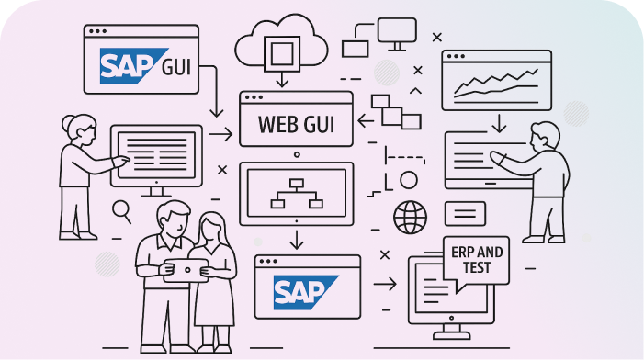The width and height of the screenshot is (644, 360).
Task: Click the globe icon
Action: tap(411, 218)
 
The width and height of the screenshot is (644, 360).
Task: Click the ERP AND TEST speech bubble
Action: tap(477, 258)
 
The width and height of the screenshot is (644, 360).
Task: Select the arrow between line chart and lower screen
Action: tap(497, 121)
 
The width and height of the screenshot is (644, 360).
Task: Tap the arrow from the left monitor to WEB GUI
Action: tap(220, 135)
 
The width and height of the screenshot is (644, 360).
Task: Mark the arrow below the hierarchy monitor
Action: tap(296, 240)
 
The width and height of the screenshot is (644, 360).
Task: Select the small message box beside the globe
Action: tap(465, 213)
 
